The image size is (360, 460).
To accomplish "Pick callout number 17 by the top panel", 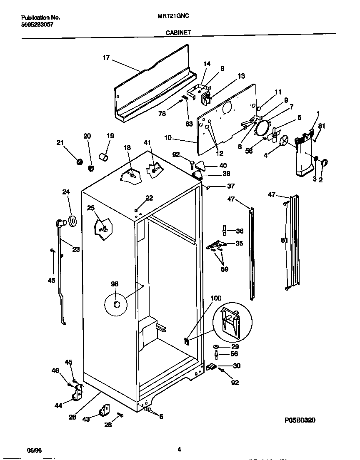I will coord(106,58).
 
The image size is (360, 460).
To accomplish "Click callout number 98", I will coord(115,284).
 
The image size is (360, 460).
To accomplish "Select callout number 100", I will coord(216,298).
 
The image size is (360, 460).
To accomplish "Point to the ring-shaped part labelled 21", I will coord(79,161).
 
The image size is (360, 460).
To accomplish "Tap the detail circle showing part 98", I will coord(116,305).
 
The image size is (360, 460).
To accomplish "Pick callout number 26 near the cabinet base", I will coord(72,417).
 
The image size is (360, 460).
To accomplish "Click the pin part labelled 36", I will coord(224,230).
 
